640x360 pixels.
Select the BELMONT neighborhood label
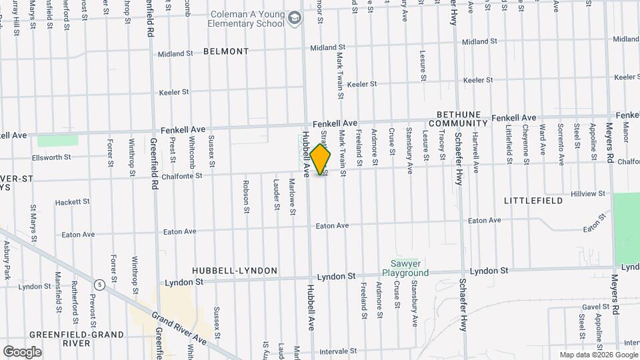coord(226,51)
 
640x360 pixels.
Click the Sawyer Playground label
coord(405,268)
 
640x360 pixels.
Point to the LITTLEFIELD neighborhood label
coord(529,200)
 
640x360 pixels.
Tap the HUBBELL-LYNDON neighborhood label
coord(235,271)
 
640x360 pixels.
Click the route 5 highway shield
coord(99,285)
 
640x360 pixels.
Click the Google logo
coord(22,351)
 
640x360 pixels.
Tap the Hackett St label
coord(72,202)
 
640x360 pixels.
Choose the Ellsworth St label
coord(53,158)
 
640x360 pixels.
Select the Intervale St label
coord(339,351)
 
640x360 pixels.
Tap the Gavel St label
coord(591,307)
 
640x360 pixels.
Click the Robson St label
coord(246,193)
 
